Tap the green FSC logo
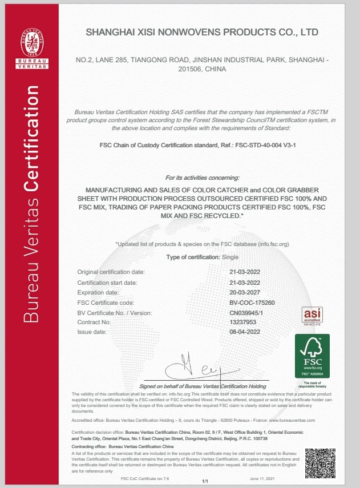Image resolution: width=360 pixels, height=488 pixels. pos(312,357)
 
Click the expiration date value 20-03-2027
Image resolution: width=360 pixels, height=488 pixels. pos(245,292)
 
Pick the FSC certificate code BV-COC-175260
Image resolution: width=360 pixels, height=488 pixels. pos(252,302)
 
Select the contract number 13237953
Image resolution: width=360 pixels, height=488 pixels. pos(242,322)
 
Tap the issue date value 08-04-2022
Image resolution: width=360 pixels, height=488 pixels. pos(245,332)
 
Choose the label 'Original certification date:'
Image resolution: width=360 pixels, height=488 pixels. pos(111,272)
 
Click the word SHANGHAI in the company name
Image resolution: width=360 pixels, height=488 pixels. pos(111,32)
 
